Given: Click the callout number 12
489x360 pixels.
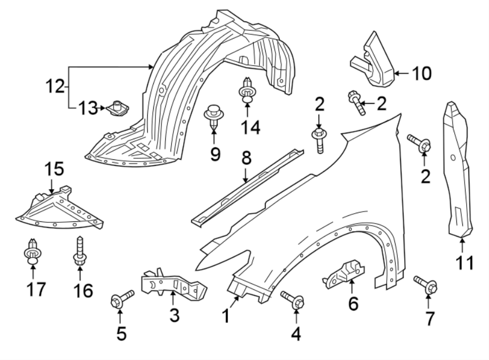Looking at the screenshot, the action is click(x=55, y=86).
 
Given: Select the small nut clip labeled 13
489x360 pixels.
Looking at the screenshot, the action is click(x=117, y=108).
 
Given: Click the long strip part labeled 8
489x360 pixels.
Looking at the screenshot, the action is click(x=247, y=187).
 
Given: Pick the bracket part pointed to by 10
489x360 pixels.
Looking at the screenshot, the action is click(x=372, y=59).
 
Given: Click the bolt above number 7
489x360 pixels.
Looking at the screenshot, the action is click(x=425, y=284).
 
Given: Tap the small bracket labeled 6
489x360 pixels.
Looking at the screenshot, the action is click(x=344, y=275).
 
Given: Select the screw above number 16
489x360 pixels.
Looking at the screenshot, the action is click(x=80, y=251).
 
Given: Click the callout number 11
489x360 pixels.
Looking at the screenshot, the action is click(x=465, y=263).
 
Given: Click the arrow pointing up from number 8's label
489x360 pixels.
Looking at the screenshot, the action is click(x=246, y=175).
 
